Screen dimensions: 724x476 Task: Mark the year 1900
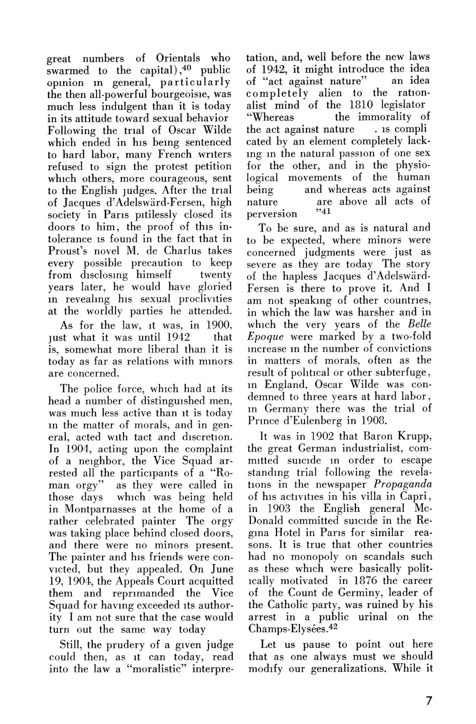pos(219,326)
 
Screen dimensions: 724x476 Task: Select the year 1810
pos(362,105)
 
